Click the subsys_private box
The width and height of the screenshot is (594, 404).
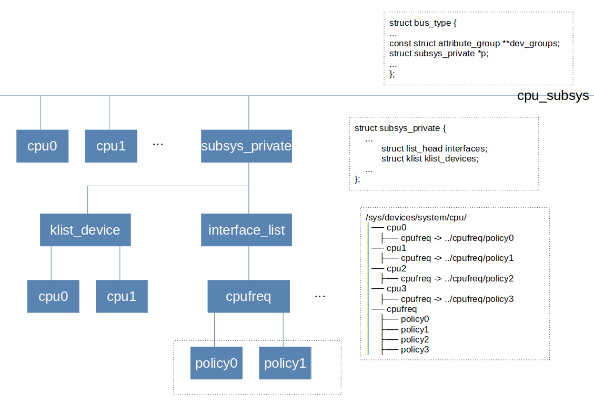point(246,146)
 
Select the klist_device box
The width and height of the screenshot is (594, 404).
point(85,230)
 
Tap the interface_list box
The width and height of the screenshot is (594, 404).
point(246,230)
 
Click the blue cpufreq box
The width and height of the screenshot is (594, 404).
point(248,296)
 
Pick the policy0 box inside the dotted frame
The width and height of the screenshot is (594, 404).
point(216,363)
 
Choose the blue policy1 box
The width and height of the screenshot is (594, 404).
point(285,363)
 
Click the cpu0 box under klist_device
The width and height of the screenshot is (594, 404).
point(53,296)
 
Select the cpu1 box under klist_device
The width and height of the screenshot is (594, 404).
point(122,296)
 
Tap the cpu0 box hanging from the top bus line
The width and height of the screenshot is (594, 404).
point(42,146)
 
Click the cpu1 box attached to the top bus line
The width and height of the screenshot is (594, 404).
point(111,146)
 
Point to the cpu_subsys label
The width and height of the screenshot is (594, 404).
point(552,96)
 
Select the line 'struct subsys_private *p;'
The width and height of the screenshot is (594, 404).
point(439,54)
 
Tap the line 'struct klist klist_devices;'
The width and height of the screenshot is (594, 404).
point(430,158)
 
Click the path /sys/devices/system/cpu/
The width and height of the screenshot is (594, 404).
point(416,218)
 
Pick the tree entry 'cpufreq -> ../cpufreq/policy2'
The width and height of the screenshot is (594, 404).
point(457,279)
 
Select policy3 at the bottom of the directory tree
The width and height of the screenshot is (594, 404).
point(415,350)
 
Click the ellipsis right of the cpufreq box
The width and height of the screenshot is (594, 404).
point(320,296)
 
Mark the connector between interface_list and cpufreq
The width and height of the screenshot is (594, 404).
point(249,263)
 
